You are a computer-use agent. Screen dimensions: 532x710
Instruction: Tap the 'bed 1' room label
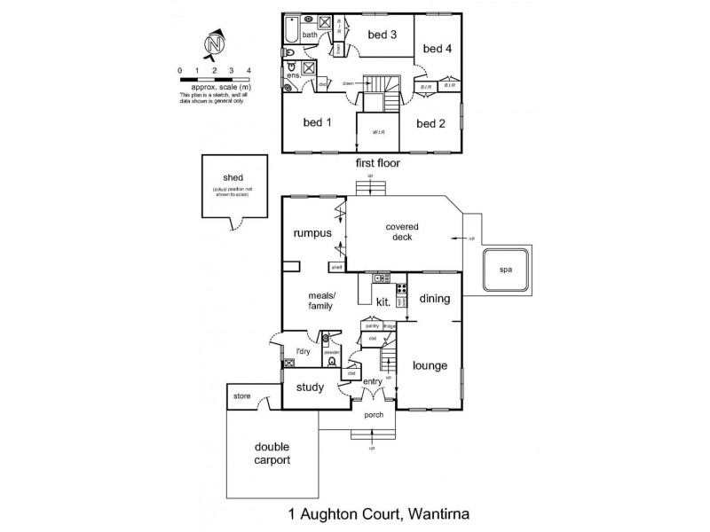317,123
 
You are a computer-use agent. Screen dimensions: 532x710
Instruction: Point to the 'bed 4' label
437,48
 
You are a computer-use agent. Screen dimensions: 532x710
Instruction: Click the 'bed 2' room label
430,123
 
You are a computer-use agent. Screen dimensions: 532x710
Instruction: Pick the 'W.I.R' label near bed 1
378,133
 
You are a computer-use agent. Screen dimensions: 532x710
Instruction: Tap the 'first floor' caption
377,163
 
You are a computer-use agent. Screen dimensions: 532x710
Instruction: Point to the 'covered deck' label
402,231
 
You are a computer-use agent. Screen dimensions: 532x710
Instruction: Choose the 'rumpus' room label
312,233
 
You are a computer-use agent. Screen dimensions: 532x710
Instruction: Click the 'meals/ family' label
319,301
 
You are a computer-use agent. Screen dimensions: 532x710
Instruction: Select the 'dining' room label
435,299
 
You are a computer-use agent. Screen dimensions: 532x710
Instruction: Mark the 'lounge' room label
430,365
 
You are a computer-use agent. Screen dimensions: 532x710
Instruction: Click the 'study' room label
310,387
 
